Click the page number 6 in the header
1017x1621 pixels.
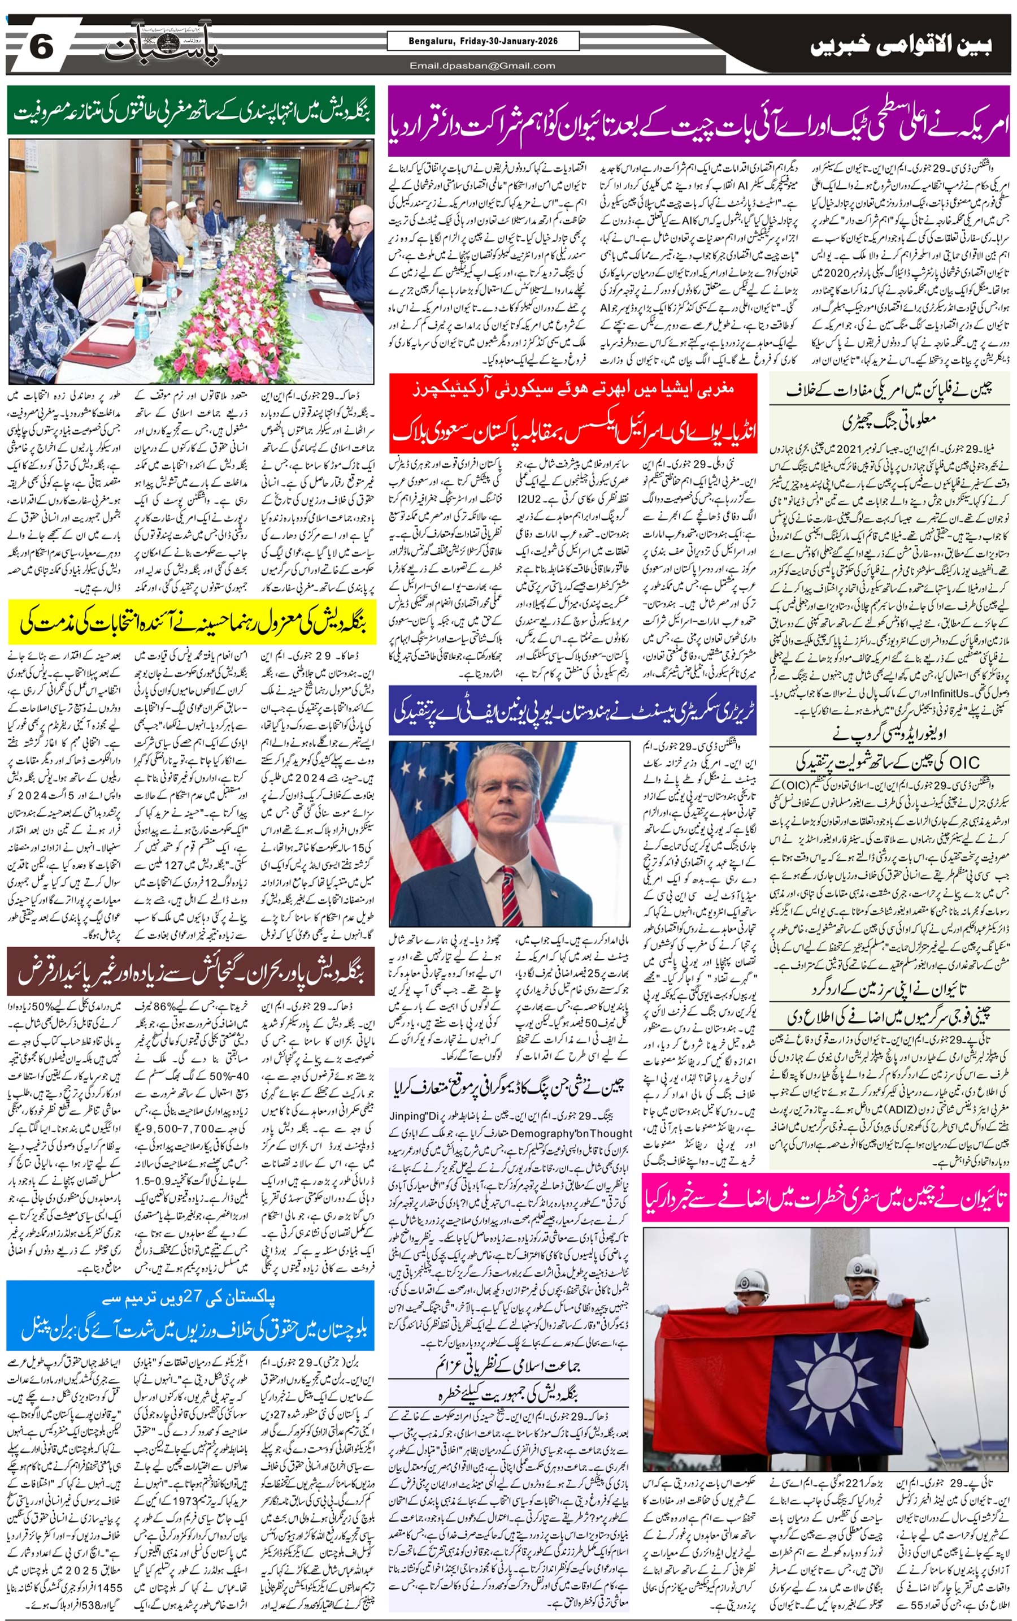40,47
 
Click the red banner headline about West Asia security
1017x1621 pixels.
573,410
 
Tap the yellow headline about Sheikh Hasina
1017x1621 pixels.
192,623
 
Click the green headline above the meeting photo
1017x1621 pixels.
192,111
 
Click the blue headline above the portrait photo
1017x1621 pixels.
573,713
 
